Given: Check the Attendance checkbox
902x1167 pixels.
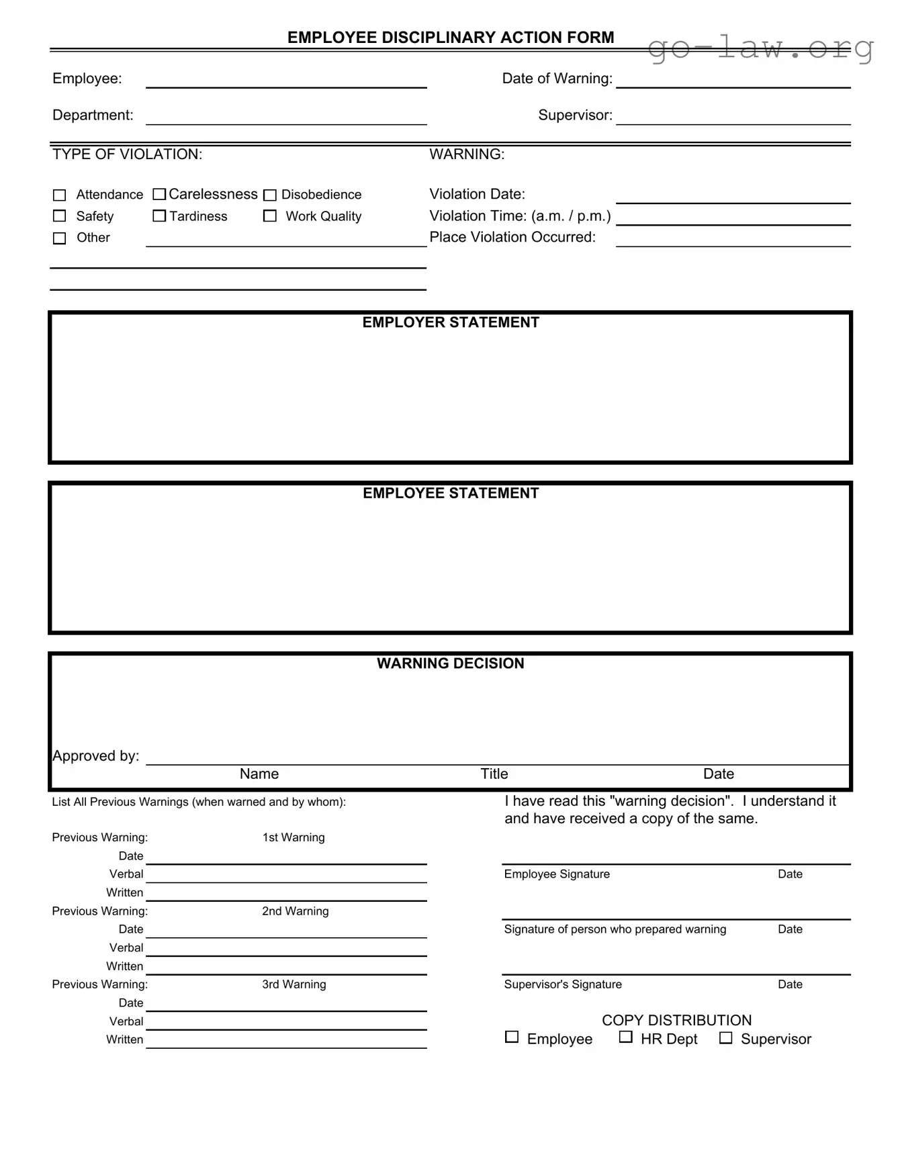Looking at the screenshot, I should (60, 195).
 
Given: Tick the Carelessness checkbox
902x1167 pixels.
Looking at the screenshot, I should (159, 195).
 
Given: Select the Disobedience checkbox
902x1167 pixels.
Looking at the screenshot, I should (270, 195).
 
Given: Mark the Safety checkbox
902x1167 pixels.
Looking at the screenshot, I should (60, 216).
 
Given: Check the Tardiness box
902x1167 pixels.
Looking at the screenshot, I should (159, 216).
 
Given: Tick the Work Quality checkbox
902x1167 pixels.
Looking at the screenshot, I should (270, 216).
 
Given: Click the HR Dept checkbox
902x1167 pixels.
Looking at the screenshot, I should (626, 1037).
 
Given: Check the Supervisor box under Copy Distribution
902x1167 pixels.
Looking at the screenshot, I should (726, 1038).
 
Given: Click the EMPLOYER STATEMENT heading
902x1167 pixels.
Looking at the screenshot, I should (451, 323).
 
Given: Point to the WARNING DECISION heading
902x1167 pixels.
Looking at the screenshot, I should (451, 664).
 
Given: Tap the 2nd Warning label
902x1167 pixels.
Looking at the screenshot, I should (296, 911).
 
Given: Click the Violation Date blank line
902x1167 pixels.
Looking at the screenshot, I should (733, 199).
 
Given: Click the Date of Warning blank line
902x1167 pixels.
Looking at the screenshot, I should (733, 83).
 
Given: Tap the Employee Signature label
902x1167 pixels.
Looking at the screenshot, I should (557, 874).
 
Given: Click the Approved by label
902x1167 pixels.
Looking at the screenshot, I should (96, 756).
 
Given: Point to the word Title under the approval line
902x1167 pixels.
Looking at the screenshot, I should (494, 774).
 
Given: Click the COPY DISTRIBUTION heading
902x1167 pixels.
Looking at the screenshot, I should (676, 1021).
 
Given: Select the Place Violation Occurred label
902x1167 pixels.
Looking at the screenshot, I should (512, 238).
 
